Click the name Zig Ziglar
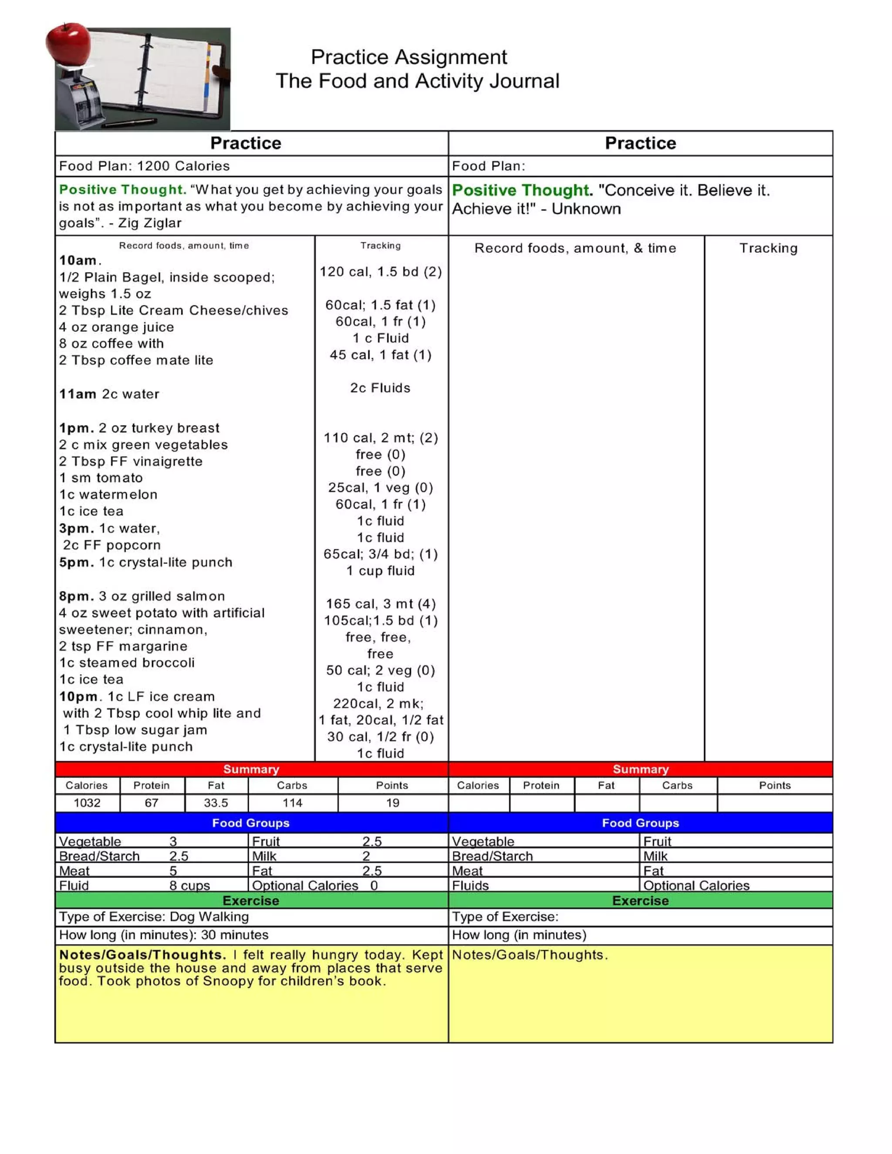[x=150, y=223]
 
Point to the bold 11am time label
[x=78, y=394]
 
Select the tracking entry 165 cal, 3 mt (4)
[x=381, y=604]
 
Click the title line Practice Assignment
[x=409, y=57]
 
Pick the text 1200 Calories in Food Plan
[x=183, y=166]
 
